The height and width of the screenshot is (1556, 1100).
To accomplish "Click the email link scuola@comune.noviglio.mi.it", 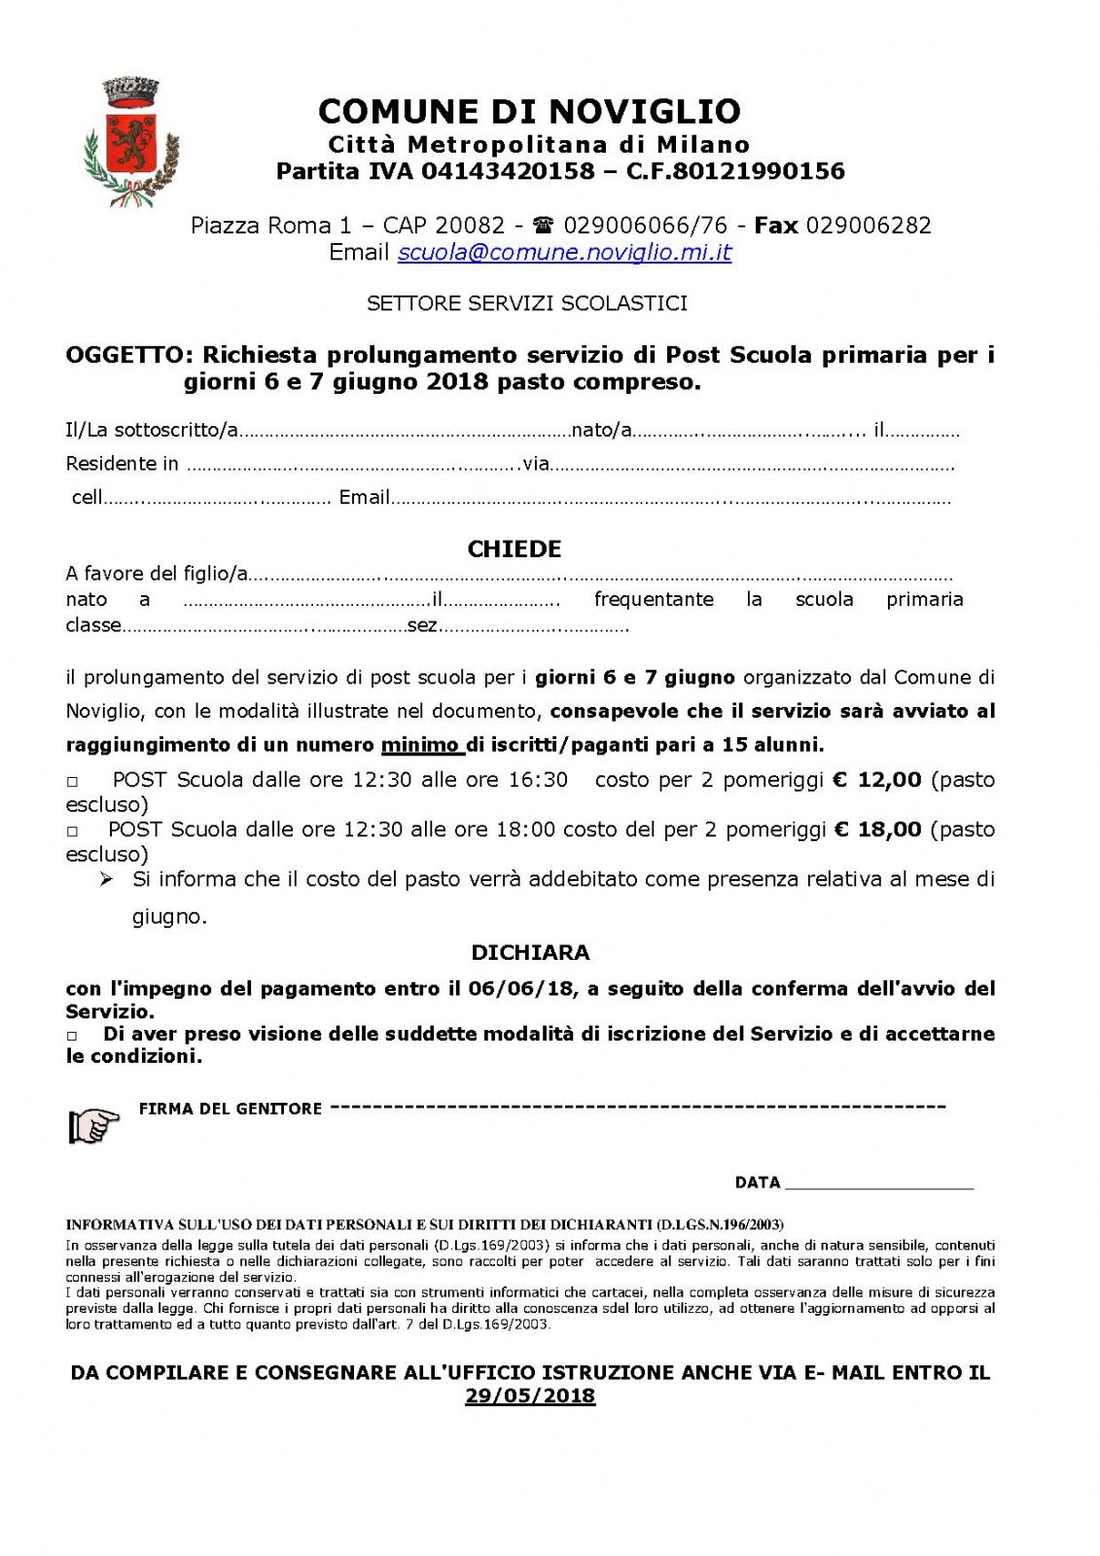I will (x=564, y=253).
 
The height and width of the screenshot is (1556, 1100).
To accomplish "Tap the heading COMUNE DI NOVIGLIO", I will (x=529, y=111).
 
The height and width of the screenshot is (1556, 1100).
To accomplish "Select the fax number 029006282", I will (x=869, y=226).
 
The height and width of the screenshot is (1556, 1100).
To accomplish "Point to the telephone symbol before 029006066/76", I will (x=544, y=226).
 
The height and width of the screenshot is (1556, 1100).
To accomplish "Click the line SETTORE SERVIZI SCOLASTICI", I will (x=527, y=303).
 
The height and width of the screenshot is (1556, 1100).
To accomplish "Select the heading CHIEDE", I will (x=515, y=549).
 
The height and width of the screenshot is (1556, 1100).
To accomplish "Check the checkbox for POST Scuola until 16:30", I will (x=72, y=782).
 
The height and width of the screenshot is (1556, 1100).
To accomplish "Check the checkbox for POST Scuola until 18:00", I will (x=72, y=831).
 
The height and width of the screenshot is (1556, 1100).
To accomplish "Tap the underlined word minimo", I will (x=420, y=746).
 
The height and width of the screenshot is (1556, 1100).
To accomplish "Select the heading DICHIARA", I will (x=530, y=953).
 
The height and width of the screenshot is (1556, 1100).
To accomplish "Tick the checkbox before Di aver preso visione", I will (x=72, y=1036).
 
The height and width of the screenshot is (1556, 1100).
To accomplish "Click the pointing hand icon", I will (x=93, y=1125).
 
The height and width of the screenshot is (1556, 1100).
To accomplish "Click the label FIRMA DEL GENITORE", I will (x=231, y=1109).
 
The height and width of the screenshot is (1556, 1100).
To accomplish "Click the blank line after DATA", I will (x=878, y=1184).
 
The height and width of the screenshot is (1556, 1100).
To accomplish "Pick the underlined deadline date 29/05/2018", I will (x=530, y=1397).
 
